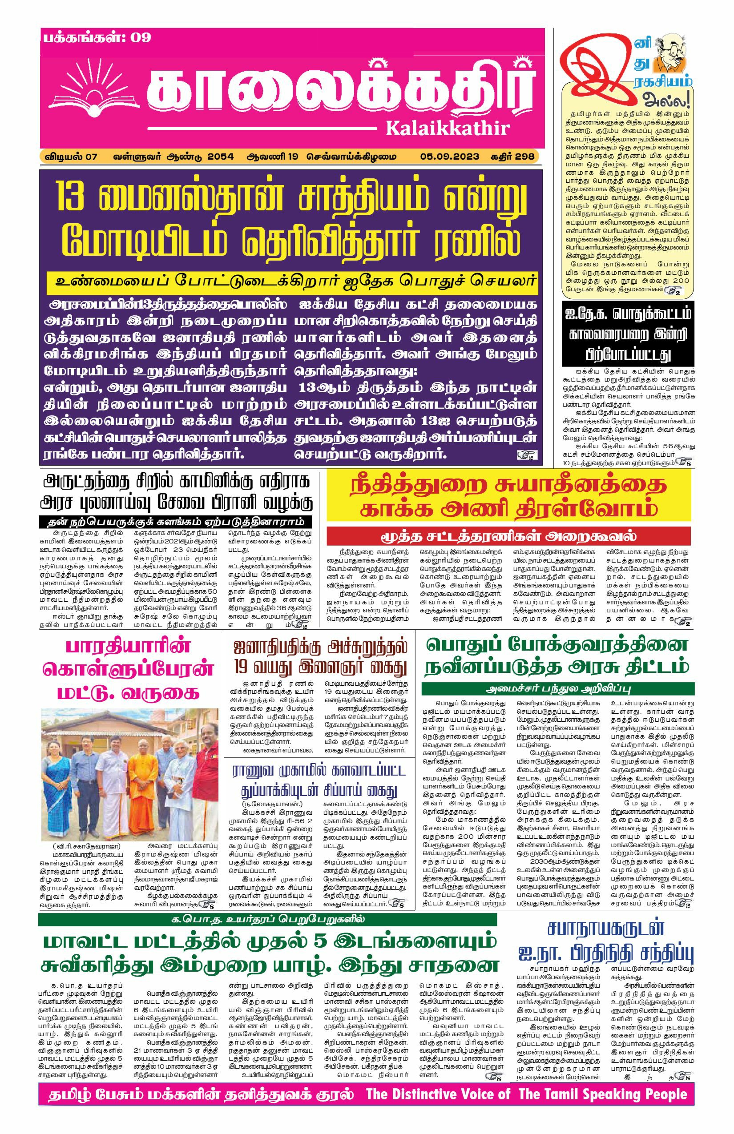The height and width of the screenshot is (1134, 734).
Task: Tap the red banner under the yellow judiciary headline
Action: point(508,535)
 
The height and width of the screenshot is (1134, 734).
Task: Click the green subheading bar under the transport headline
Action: point(558,689)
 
